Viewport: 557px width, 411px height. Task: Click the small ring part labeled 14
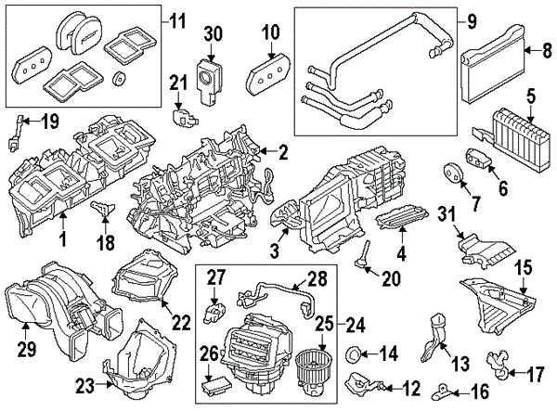tap(354, 353)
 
